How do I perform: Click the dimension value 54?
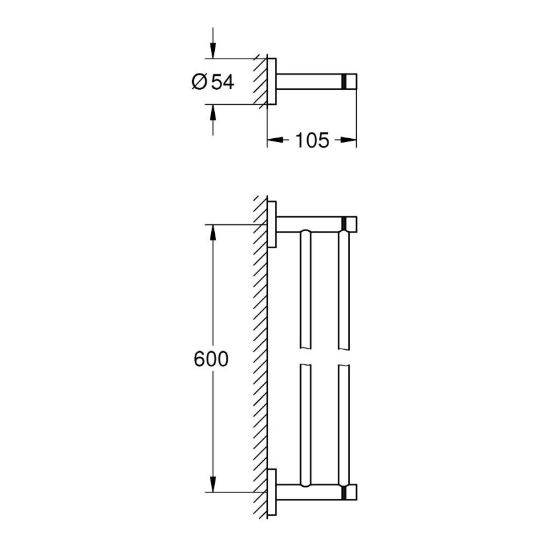[222, 82]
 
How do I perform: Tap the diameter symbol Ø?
[197, 82]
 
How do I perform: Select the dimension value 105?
[312, 141]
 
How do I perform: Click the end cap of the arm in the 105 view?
[351, 82]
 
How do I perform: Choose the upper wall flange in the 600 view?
[273, 224]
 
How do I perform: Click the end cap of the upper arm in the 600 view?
[351, 224]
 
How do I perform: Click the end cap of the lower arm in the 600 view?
[351, 492]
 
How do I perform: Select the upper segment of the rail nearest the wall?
[305, 289]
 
